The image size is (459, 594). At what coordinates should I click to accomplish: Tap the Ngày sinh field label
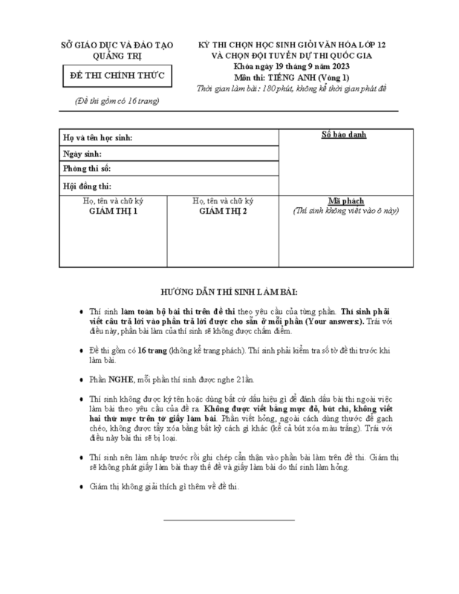click(82, 154)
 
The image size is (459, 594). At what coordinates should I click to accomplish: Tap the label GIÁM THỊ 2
click(223, 211)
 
